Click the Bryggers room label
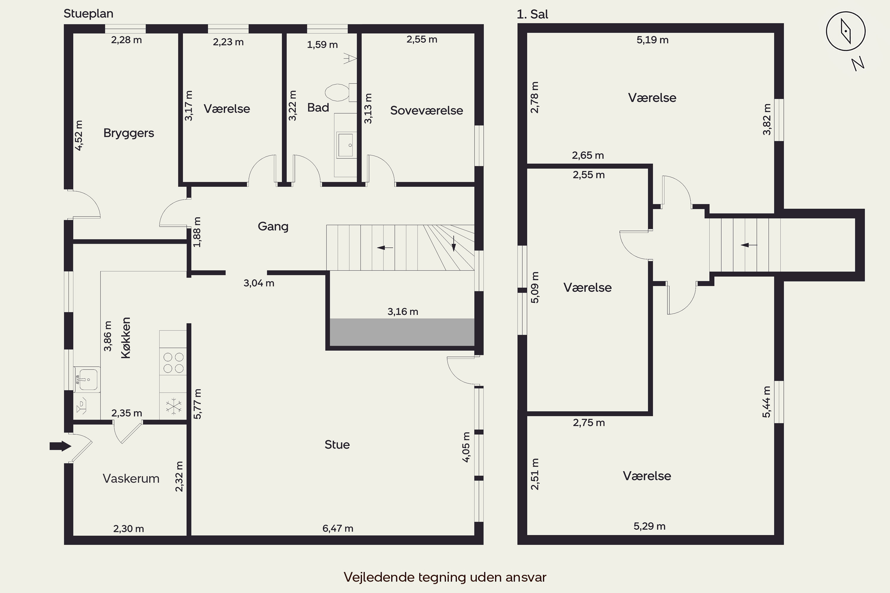tap(129, 133)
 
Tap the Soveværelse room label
tap(427, 110)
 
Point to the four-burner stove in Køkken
tap(173, 362)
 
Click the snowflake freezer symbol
tap(173, 406)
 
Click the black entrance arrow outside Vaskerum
tap(60, 446)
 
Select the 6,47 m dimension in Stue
tap(338, 528)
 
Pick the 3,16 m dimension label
tap(403, 312)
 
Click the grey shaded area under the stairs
tap(402, 332)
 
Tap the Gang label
tap(273, 227)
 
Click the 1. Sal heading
tap(533, 14)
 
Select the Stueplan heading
tap(88, 14)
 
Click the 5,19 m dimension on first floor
tap(652, 40)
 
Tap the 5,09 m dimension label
tap(535, 287)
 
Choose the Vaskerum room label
tap(131, 479)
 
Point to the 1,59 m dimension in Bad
tap(322, 45)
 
